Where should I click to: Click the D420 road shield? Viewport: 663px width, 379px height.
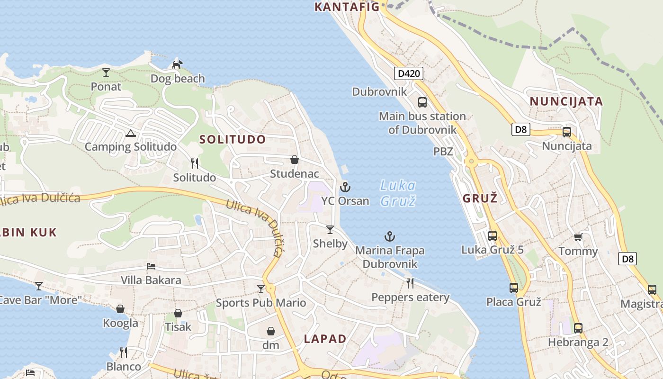click(408, 73)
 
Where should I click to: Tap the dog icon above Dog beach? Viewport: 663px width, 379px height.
click(178, 64)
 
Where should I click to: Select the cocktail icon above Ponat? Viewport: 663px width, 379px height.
click(106, 72)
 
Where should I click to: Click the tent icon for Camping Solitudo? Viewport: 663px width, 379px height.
click(131, 133)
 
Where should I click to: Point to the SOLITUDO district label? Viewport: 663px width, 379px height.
click(233, 139)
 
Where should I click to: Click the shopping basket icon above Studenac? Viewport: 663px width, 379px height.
click(295, 160)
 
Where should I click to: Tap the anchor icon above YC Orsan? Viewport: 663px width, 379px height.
click(345, 187)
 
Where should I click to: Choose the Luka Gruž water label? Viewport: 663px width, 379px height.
click(398, 193)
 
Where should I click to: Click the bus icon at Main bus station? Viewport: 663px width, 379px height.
click(422, 102)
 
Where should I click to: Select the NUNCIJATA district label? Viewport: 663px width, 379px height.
click(566, 101)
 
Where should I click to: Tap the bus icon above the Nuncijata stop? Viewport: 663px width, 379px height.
click(567, 132)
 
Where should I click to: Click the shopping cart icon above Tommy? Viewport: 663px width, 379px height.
click(578, 237)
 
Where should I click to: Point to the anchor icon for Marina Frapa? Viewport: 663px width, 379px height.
click(390, 236)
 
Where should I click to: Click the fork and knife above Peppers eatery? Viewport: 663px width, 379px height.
click(410, 283)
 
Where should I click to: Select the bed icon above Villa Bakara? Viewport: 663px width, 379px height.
click(151, 266)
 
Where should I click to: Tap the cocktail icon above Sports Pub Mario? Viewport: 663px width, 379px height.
click(261, 289)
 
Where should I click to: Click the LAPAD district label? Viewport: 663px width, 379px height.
click(325, 339)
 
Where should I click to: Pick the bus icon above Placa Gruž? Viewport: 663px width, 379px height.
click(514, 288)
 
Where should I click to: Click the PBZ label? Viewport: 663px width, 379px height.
click(443, 152)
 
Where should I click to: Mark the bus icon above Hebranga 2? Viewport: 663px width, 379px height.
click(578, 328)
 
